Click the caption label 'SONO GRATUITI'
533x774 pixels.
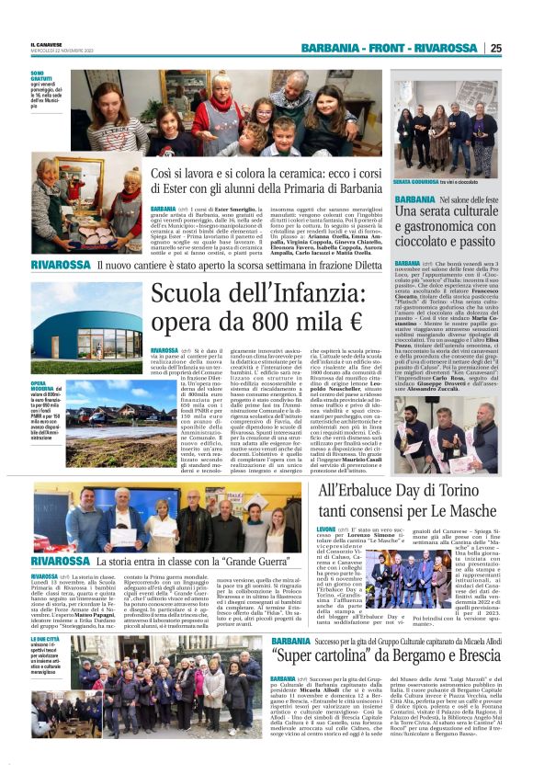42,77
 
